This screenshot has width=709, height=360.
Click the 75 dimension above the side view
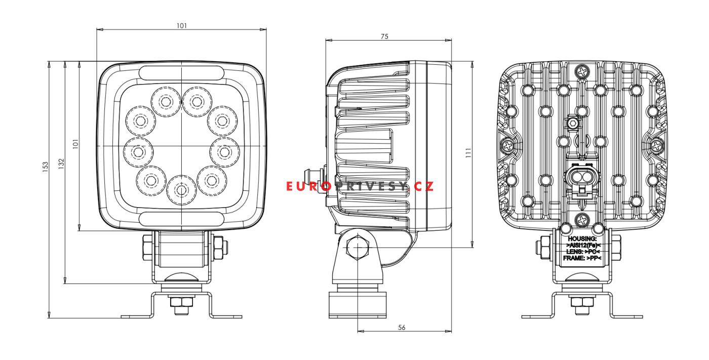[x=384, y=36]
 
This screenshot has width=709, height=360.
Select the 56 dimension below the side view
[x=401, y=328]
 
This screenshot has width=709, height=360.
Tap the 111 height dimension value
[x=468, y=153]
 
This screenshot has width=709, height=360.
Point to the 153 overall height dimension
[x=45, y=167]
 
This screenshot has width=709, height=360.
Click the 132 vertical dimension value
[x=61, y=164]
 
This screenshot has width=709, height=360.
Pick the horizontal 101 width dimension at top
[x=182, y=26]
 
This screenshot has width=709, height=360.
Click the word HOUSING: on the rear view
[x=582, y=239]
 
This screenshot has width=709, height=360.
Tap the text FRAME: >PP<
[x=582, y=258]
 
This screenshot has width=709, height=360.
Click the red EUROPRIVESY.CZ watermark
[x=360, y=186]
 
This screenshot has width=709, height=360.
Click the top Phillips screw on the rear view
[x=582, y=71]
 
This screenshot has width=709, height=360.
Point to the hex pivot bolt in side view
[x=358, y=248]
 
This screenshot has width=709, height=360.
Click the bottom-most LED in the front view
[x=181, y=190]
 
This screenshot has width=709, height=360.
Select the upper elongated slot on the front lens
[x=181, y=73]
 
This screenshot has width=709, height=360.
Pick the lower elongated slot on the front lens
[x=181, y=218]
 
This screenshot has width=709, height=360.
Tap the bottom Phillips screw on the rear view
[x=582, y=220]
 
